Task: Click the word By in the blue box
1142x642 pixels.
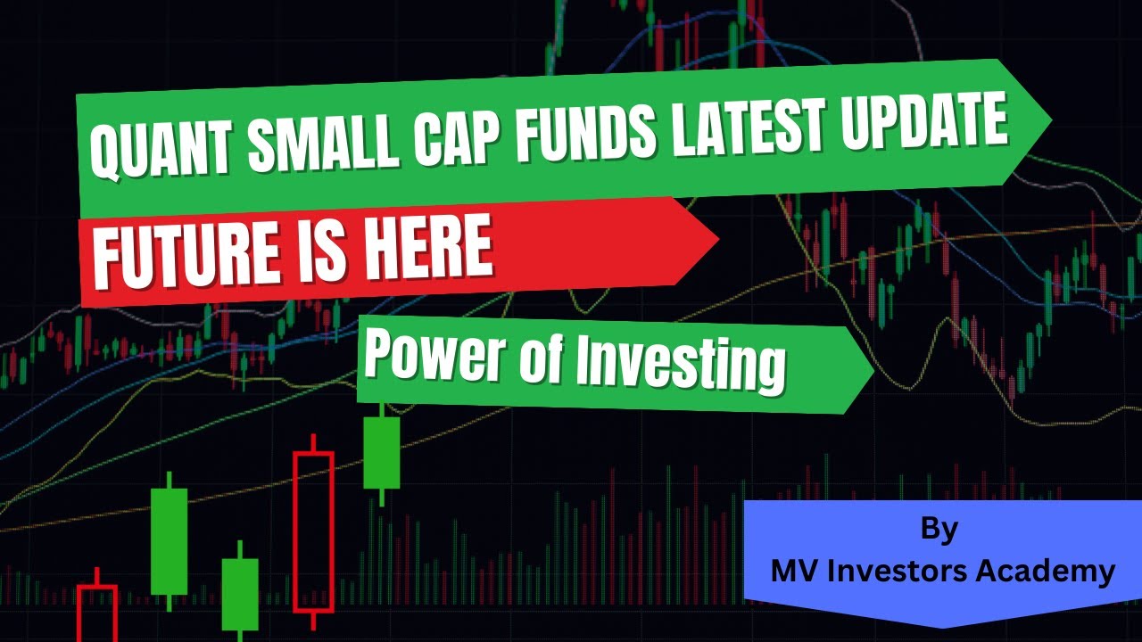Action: (939, 530)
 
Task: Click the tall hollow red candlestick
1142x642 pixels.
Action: (313, 531)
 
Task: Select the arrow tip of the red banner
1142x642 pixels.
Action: (716, 239)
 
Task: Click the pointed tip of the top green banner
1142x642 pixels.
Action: (1049, 119)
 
